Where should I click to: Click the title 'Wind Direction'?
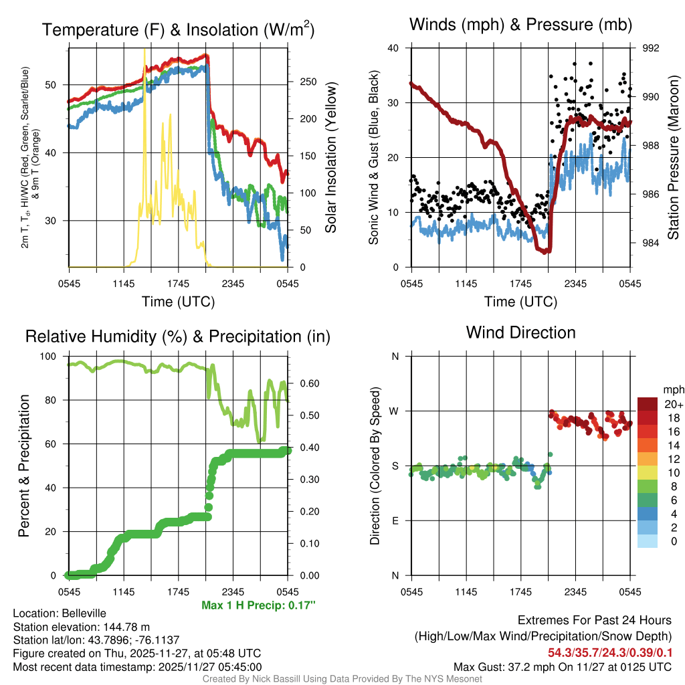[520, 332]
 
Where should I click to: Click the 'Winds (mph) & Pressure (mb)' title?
[521, 25]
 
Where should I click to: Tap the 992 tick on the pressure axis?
[651, 48]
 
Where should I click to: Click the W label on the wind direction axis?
[395, 411]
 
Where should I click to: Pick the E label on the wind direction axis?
[395, 520]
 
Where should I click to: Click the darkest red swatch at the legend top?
[648, 404]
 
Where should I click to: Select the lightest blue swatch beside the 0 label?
[648, 541]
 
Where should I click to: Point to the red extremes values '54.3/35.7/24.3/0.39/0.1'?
[609, 652]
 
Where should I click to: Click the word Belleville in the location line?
[80, 613]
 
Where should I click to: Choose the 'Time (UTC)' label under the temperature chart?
[178, 302]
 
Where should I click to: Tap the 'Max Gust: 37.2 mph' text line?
[562, 666]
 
